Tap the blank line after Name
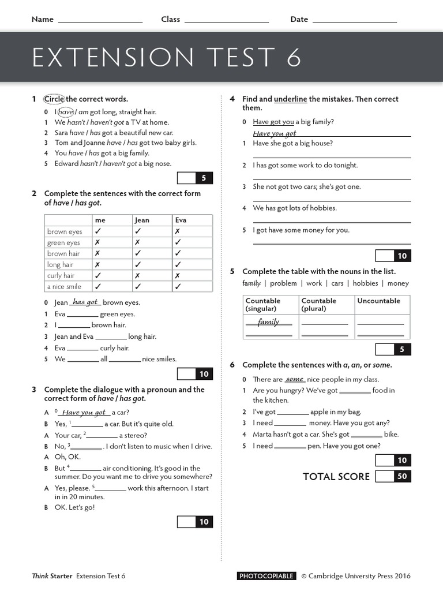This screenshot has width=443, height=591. pyautogui.click(x=100, y=21)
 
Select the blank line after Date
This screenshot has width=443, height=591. pyautogui.click(x=354, y=21)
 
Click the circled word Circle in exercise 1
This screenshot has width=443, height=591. pyautogui.click(x=54, y=99)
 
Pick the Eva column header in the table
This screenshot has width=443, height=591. pyautogui.click(x=181, y=220)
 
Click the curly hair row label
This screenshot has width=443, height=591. pyautogui.click(x=61, y=275)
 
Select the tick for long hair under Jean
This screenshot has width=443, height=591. pyautogui.click(x=138, y=264)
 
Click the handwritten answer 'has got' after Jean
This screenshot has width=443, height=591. pyautogui.click(x=85, y=302)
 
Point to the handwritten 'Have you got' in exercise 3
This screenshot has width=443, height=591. pyautogui.click(x=84, y=412)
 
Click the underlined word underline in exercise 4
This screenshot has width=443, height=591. pyautogui.click(x=290, y=99)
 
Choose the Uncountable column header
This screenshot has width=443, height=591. pyautogui.click(x=378, y=301)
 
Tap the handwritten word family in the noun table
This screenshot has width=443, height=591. pyautogui.click(x=268, y=321)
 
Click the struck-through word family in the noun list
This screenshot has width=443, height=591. pyautogui.click(x=251, y=283)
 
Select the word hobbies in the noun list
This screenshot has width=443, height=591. pyautogui.click(x=365, y=283)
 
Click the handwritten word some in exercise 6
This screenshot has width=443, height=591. pyautogui.click(x=294, y=379)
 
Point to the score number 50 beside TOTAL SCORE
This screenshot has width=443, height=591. pyautogui.click(x=402, y=476)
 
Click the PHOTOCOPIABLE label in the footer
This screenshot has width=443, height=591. pyautogui.click(x=266, y=575)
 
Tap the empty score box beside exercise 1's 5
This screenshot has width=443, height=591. pyautogui.click(x=186, y=178)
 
